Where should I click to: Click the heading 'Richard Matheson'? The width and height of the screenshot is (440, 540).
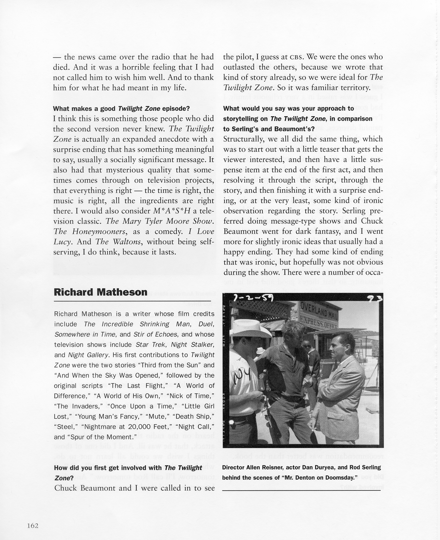point(100,292)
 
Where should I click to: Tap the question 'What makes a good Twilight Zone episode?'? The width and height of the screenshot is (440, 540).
point(121,109)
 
